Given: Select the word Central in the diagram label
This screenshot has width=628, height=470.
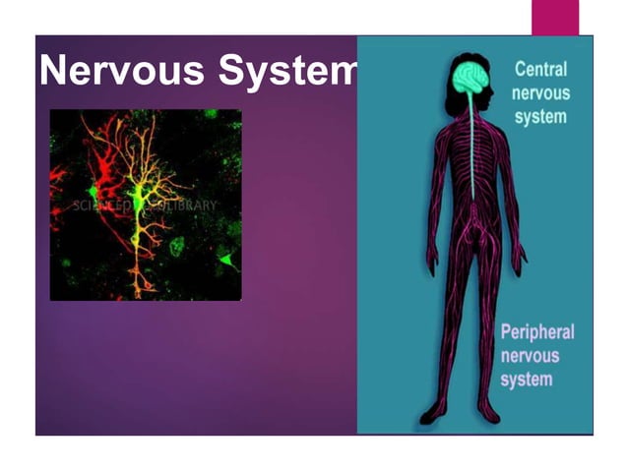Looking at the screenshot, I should click(x=540, y=71).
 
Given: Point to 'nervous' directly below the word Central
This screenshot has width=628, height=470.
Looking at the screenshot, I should click(x=540, y=93).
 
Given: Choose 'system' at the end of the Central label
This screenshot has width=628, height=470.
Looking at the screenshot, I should click(x=538, y=116).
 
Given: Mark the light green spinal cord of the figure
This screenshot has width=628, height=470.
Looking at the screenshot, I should click(x=472, y=157).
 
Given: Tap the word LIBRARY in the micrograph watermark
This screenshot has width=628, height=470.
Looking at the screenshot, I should click(x=188, y=206).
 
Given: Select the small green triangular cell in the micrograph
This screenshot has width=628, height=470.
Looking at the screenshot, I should click(x=227, y=260).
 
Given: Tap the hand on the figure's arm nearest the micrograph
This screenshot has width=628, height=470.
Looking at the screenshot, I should click(x=430, y=261).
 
